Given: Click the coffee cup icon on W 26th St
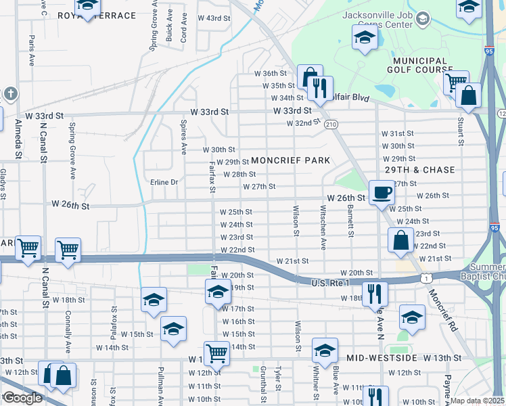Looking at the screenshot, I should point(382,191).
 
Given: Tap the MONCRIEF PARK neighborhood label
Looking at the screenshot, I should point(290,160).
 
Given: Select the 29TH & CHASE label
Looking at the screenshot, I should point(419,169).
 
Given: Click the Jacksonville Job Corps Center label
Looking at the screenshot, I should point(386,20).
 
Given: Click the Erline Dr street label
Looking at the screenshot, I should point(164,182).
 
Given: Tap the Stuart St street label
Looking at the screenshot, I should point(461,132).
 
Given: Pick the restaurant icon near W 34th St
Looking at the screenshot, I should point(319,87).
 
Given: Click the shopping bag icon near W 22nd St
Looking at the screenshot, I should point(400,240).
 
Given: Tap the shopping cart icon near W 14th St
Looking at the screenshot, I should point(216,353).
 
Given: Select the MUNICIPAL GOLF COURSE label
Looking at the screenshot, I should point(420,65).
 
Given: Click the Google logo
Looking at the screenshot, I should point(22,398).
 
